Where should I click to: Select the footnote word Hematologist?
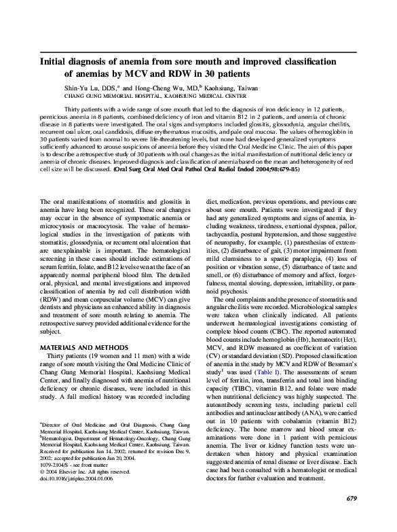[x=62, y=441]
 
